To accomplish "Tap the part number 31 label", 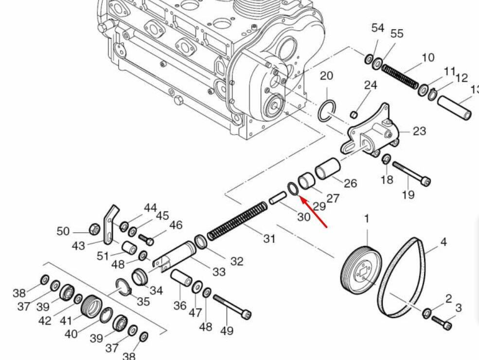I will point(269,239).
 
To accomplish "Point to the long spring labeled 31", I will point(238,221).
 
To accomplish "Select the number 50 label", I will point(63,231).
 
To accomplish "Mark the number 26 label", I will point(350,183).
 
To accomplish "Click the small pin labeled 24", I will point(354,115).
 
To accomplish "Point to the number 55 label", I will point(397,34).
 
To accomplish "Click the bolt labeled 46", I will point(146,239).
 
